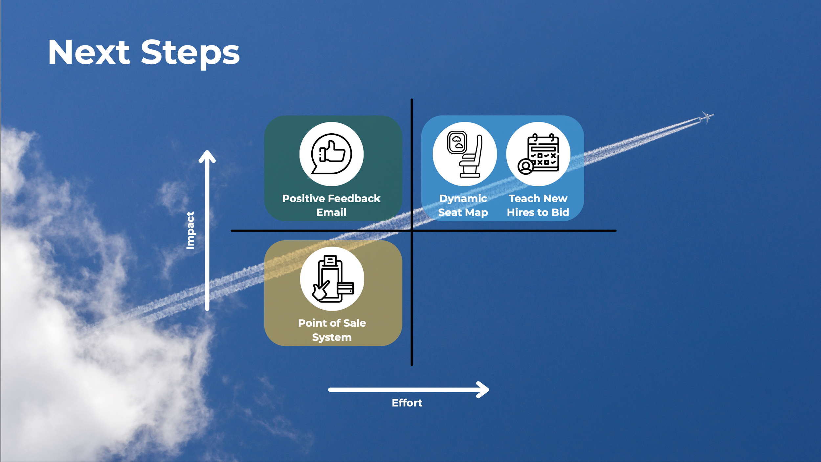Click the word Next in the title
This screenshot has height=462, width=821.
(89, 53)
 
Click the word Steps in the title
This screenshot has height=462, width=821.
(190, 53)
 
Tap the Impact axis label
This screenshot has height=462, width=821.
(190, 230)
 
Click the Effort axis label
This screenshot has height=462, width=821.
(407, 403)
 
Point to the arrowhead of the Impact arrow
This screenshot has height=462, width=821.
(207, 156)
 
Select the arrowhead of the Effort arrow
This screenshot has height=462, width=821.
(484, 390)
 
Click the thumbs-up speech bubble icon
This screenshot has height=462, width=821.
(331, 154)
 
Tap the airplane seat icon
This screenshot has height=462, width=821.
(465, 154)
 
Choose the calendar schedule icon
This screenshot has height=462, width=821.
(538, 154)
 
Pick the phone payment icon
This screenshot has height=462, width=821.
(332, 279)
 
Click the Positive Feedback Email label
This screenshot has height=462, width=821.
(331, 205)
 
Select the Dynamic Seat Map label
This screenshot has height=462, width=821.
(463, 205)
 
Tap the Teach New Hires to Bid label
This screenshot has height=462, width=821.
(538, 205)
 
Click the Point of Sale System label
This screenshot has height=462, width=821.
(332, 330)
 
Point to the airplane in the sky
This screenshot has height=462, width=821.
(706, 117)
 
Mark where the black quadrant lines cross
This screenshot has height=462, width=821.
(411, 231)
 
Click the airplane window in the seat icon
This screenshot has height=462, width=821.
(457, 142)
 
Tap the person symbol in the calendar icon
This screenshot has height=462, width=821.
(525, 166)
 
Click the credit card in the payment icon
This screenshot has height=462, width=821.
(346, 289)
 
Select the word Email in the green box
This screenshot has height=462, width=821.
(331, 212)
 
